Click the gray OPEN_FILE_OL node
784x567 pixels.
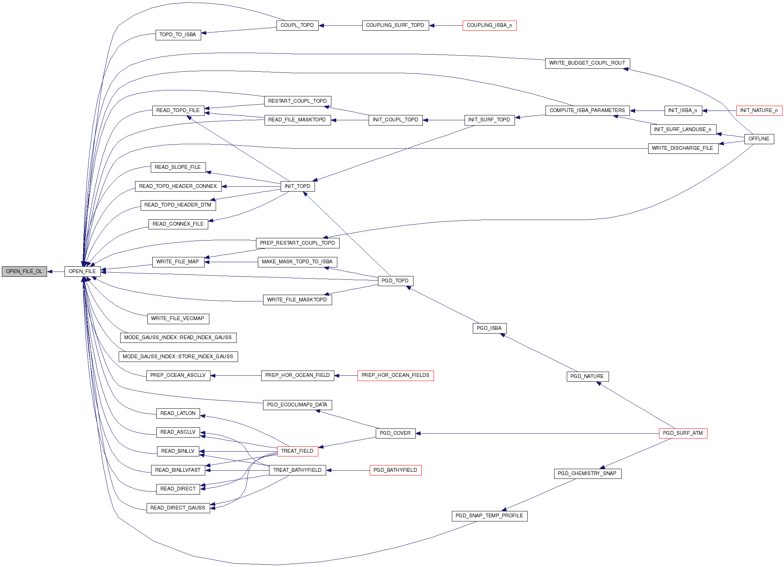24,272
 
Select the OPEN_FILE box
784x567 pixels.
82,272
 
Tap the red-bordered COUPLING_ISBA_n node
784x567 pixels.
490,25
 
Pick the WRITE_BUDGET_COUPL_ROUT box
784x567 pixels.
587,63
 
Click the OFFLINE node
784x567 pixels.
759,139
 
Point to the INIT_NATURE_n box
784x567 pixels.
759,111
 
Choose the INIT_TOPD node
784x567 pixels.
297,186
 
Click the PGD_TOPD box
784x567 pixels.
395,281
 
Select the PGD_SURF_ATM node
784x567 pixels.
683,433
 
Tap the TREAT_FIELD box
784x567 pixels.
297,451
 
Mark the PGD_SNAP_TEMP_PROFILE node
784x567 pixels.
490,516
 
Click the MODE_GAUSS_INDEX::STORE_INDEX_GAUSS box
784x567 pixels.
178,357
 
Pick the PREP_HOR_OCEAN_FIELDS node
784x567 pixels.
396,375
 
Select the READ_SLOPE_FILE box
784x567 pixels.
178,167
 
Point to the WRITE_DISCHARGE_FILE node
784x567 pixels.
683,148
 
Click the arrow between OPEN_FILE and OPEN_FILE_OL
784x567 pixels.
56,272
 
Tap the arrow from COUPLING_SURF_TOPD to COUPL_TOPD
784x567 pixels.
340,25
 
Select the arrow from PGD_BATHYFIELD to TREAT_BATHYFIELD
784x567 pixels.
348,470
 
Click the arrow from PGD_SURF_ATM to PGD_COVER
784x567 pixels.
537,433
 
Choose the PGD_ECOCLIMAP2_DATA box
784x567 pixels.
297,405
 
